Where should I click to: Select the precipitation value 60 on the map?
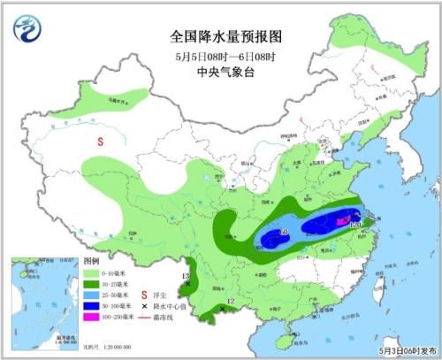(283, 233)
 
